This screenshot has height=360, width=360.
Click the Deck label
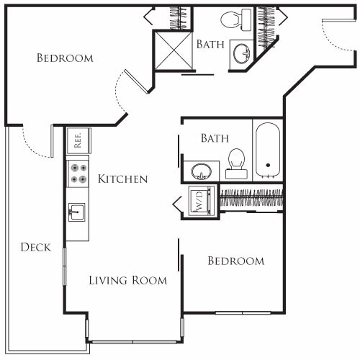(x=35, y=247)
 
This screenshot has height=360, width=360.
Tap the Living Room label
(x=128, y=280)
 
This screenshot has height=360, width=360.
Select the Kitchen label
(x=123, y=179)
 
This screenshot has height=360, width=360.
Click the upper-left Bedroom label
(x=66, y=58)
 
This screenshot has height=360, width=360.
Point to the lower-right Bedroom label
(x=235, y=261)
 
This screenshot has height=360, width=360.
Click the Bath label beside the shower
(x=210, y=44)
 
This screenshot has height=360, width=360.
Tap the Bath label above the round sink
(x=215, y=138)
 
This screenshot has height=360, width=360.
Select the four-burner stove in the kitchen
(x=78, y=173)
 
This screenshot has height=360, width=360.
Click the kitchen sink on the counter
(x=78, y=212)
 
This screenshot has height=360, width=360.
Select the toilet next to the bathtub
(x=236, y=163)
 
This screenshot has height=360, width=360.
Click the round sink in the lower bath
(x=201, y=171)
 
